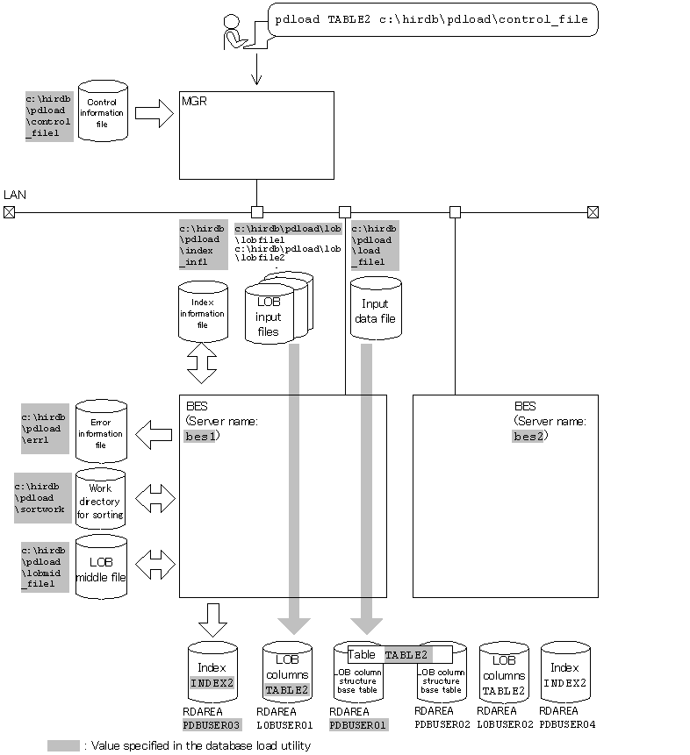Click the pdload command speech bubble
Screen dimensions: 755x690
click(x=432, y=18)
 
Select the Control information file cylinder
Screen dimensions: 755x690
click(x=103, y=111)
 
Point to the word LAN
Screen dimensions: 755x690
click(x=15, y=194)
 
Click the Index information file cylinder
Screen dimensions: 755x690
click(x=202, y=312)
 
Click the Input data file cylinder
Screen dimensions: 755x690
click(x=375, y=310)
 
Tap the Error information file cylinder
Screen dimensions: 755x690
click(x=101, y=431)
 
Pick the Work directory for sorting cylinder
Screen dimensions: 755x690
click(x=101, y=500)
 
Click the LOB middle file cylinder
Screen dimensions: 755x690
click(x=101, y=567)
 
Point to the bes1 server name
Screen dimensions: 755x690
click(x=200, y=436)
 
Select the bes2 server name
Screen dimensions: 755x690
click(x=528, y=436)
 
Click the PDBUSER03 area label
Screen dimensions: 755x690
click(x=212, y=724)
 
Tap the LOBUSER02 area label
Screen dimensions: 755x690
click(x=503, y=724)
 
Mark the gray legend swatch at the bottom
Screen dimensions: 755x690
click(x=63, y=745)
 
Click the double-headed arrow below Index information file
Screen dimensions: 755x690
click(x=202, y=362)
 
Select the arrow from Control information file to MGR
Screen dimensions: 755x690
click(x=154, y=112)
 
